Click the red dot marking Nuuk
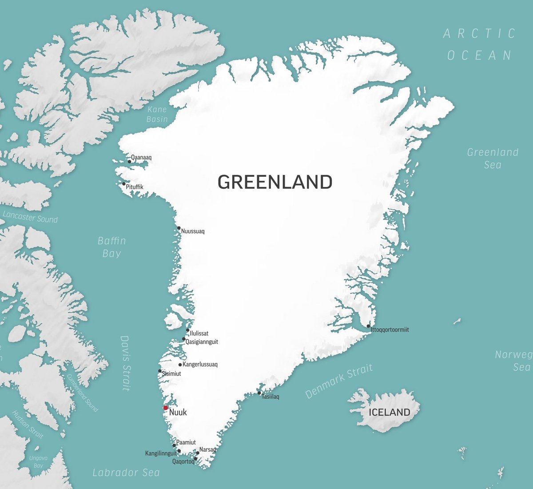click(166, 408)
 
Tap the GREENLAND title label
click(275, 182)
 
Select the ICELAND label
click(390, 412)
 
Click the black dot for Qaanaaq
click(129, 162)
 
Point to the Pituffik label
click(135, 187)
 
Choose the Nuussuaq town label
click(193, 231)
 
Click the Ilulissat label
click(199, 333)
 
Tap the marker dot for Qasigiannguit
click(184, 339)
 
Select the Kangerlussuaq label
click(200, 365)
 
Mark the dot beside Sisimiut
click(160, 371)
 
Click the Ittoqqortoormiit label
click(390, 330)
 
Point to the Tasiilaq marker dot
click(259, 393)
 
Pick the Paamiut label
click(186, 442)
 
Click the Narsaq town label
click(207, 449)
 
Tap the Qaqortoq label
click(183, 461)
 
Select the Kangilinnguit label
click(161, 453)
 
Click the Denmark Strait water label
click(339, 381)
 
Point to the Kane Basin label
click(157, 114)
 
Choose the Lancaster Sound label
click(30, 217)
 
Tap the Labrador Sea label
click(126, 473)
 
